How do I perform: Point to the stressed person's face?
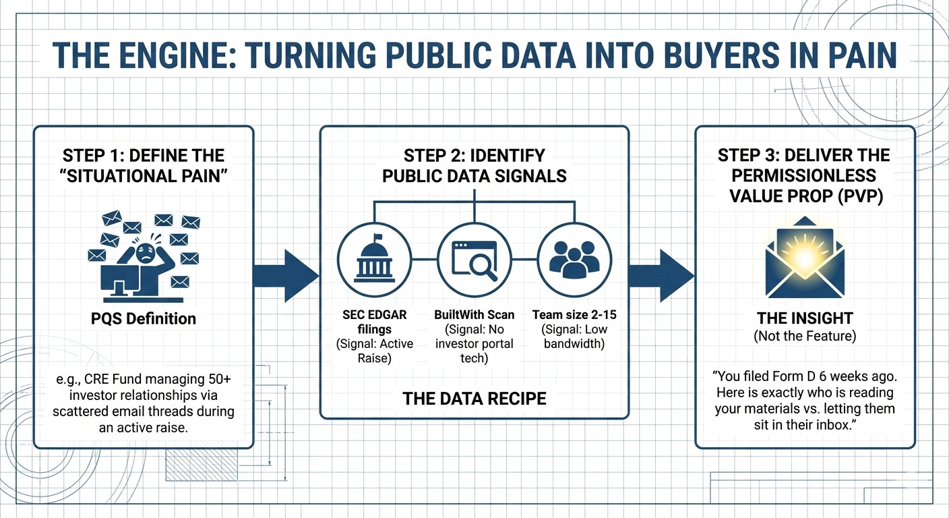[x=144, y=252]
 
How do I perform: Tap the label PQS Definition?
[x=144, y=318]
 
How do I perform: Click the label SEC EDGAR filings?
[x=374, y=321]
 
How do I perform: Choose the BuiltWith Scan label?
[x=474, y=314]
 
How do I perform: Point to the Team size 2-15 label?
[x=573, y=314]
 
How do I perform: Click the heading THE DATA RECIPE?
[x=474, y=397]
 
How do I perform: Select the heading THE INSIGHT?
[x=805, y=318]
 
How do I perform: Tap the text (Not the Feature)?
[x=805, y=336]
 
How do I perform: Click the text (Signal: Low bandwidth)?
[x=573, y=336]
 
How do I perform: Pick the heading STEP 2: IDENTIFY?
[x=474, y=156]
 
